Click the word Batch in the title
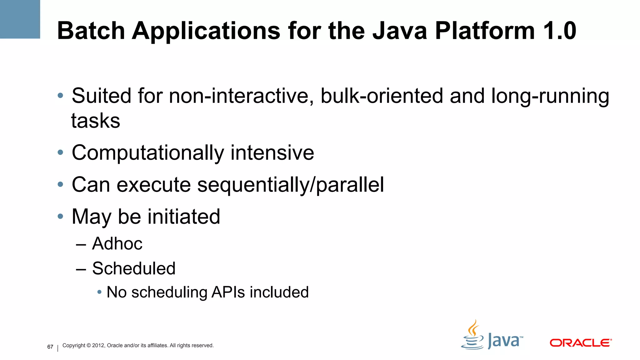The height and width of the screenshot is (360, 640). tap(91, 31)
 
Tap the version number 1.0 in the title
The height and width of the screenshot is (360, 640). tap(559, 31)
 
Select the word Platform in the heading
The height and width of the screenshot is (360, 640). tap(484, 31)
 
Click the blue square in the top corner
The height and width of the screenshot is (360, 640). tap(20, 19)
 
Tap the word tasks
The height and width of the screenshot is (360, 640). tap(96, 121)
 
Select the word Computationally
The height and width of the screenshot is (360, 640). tap(148, 153)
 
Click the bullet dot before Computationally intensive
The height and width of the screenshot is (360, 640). tap(60, 152)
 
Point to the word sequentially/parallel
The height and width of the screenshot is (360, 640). tap(290, 185)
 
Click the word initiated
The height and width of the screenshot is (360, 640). tap(184, 217)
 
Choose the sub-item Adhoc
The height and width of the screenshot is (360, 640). tap(117, 243)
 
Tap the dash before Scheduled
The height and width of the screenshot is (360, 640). tap(81, 269)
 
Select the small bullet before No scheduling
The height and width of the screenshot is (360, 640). tap(99, 292)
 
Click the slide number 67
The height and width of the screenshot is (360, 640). tap(50, 347)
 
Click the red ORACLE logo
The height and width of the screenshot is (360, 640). tap(580, 343)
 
